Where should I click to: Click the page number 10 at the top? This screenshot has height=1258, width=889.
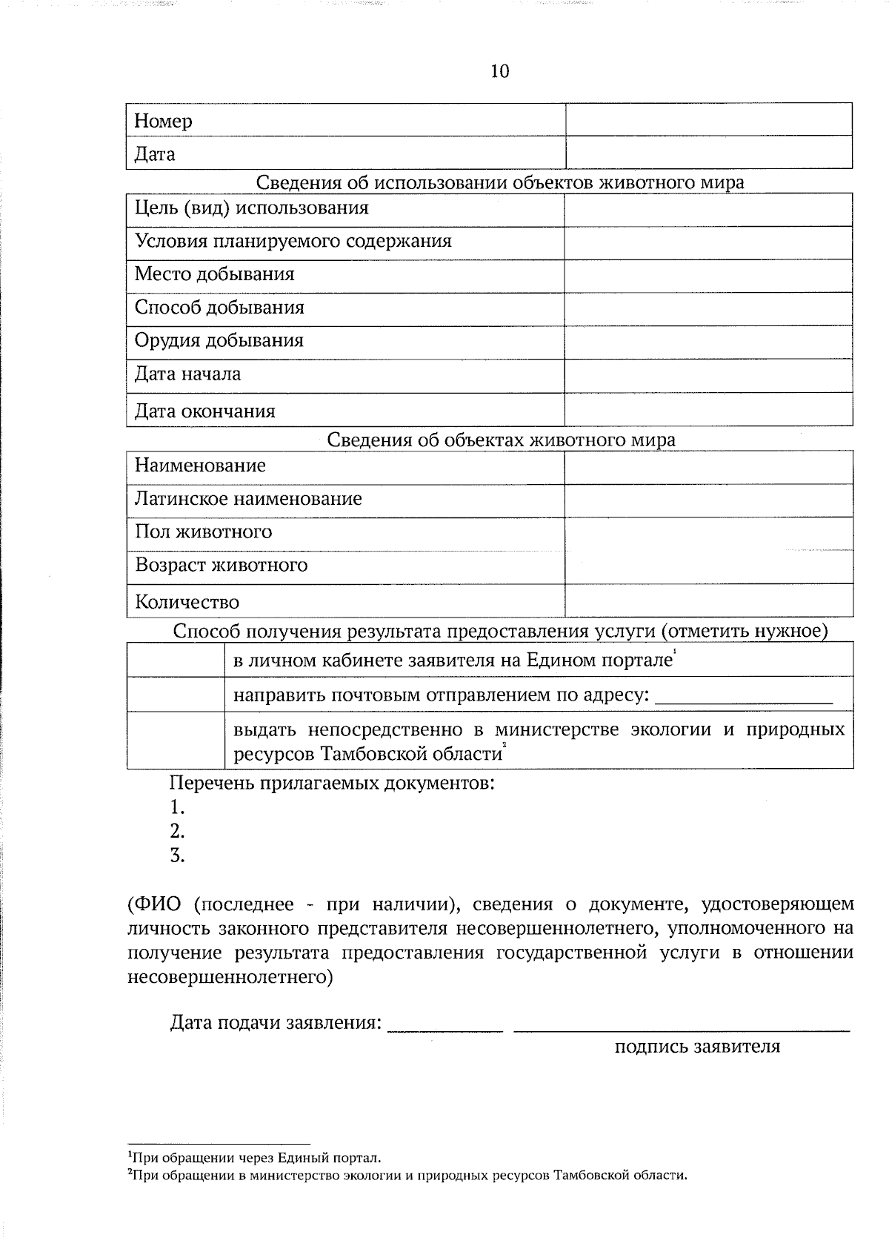click(499, 71)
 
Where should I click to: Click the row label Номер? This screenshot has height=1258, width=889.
click(163, 121)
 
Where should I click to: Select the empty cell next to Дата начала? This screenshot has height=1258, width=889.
click(708, 376)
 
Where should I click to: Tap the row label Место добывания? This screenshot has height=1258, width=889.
click(214, 274)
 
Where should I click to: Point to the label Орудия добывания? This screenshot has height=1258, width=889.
click(219, 341)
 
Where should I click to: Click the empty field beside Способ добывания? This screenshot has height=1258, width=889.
click(708, 308)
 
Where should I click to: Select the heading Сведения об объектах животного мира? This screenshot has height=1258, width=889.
click(501, 440)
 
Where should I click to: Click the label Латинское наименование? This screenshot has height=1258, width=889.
click(248, 499)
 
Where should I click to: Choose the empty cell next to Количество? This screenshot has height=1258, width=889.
click(708, 600)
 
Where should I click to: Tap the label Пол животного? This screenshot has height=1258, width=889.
click(203, 532)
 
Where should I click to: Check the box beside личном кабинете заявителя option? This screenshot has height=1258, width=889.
click(176, 660)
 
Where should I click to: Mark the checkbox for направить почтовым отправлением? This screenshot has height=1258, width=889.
click(176, 695)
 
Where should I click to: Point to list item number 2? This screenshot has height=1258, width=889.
click(177, 831)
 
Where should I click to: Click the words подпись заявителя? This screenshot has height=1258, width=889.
click(697, 1047)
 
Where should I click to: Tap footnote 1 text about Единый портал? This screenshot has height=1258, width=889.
click(256, 1157)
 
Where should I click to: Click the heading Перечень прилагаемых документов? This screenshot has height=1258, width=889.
click(332, 783)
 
